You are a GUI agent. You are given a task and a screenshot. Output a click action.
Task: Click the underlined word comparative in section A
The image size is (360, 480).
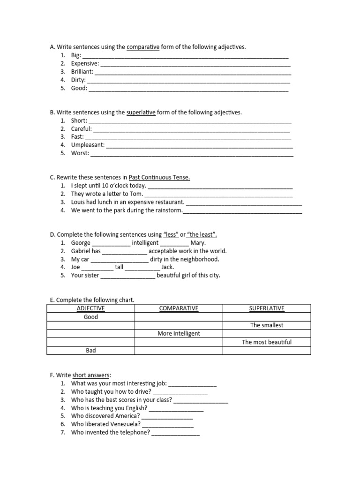143,47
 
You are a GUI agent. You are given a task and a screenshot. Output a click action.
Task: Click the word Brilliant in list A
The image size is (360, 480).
82,72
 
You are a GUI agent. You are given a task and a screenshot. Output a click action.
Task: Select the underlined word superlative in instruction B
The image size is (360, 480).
141,112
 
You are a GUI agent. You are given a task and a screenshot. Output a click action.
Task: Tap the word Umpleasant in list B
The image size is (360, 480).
87,145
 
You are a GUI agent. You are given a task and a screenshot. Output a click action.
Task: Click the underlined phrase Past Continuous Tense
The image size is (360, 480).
159,178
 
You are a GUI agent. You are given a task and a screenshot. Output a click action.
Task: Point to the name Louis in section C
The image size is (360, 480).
78,202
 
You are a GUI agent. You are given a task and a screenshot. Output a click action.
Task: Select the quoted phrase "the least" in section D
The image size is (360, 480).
202,234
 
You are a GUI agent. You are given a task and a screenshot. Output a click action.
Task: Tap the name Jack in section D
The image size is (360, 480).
167,267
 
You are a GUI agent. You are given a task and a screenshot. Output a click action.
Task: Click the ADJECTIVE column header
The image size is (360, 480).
90,308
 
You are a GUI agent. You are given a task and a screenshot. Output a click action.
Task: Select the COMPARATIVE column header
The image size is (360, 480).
179,308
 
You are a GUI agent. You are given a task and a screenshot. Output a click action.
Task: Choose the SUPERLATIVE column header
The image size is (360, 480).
266,308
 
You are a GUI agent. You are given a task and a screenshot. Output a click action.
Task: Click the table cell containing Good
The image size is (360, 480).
90,317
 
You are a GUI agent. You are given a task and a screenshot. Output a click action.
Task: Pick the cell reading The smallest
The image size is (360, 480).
266,325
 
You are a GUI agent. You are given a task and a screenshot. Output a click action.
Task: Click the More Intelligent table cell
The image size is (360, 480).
179,334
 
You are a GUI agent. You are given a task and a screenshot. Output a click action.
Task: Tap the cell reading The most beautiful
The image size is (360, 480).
266,342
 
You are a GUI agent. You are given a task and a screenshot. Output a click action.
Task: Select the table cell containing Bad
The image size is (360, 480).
90,351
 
